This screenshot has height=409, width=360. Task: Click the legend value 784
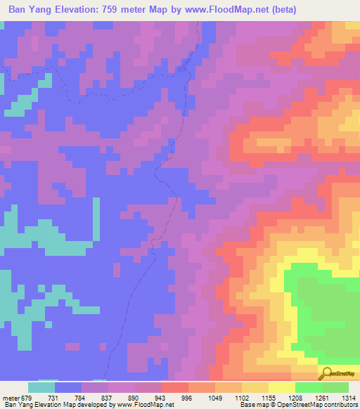pyautogui.click(x=82, y=397)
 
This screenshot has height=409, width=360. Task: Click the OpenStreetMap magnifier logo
pyautogui.click(x=326, y=372)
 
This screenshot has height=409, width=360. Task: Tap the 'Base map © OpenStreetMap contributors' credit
pyautogui.click(x=297, y=405)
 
